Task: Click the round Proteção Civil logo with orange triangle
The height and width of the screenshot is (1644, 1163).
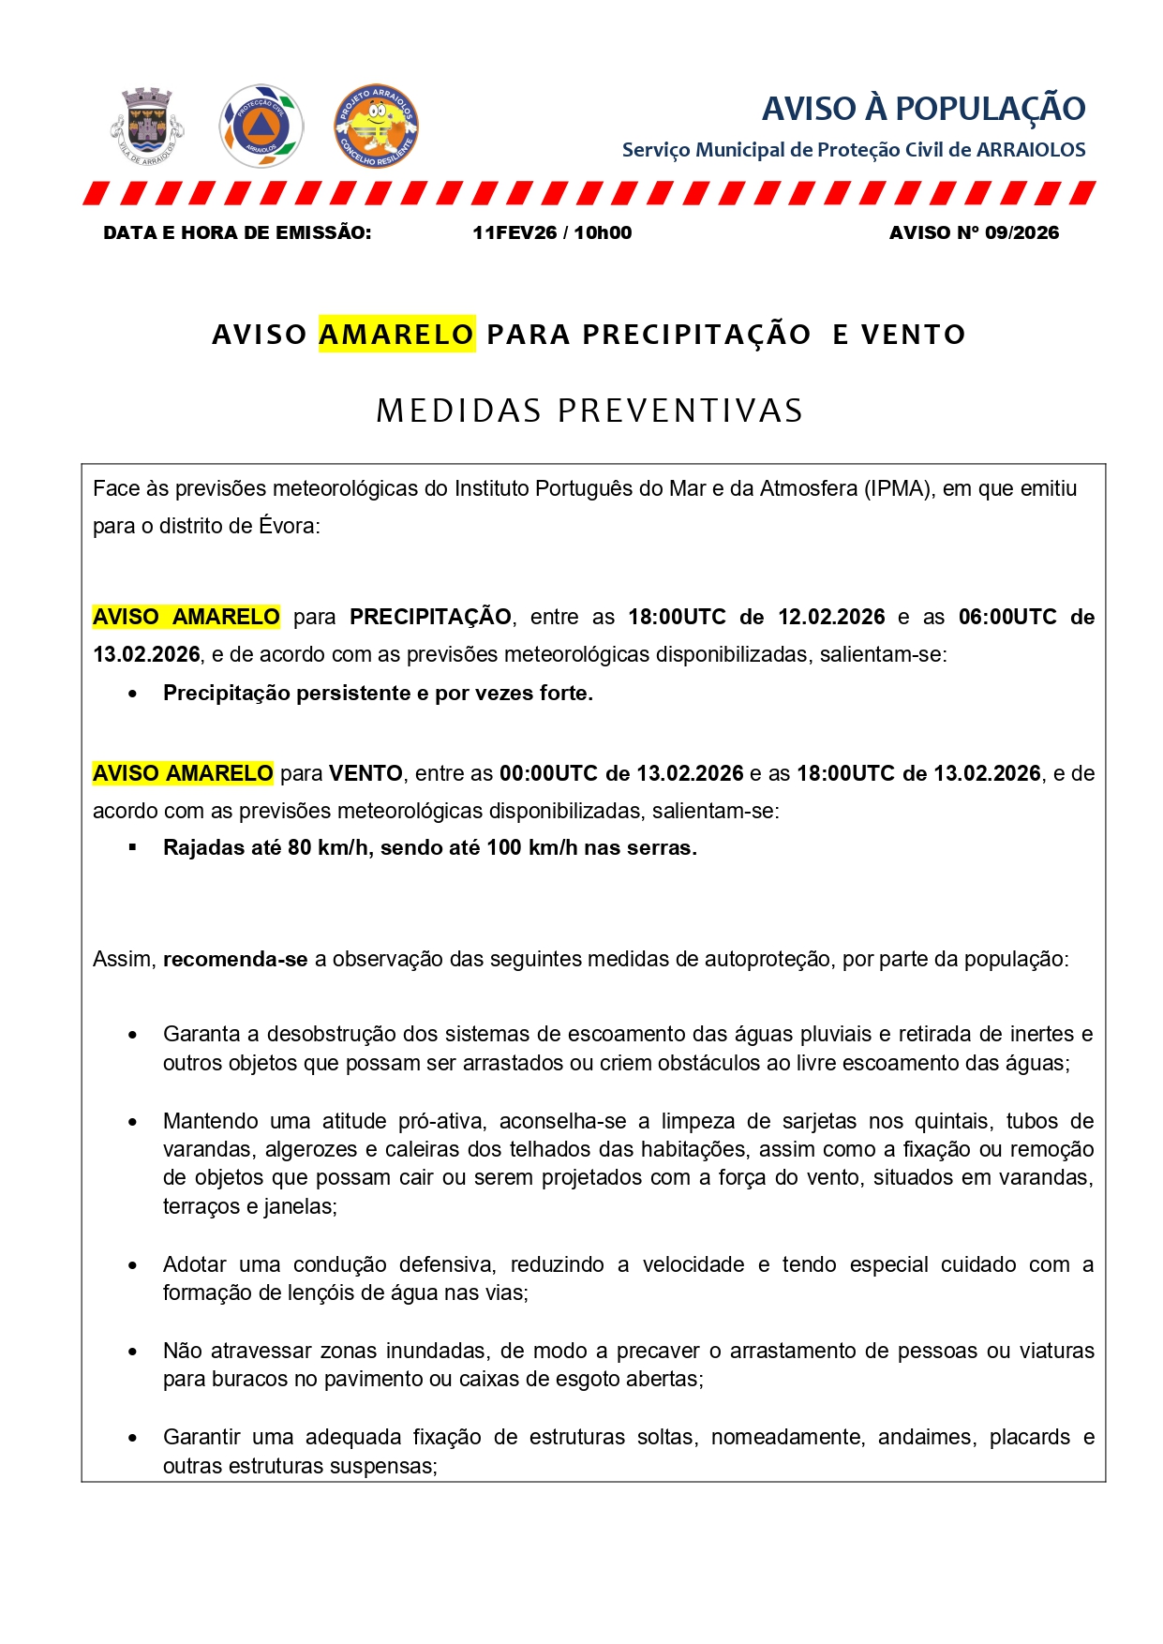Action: point(261,126)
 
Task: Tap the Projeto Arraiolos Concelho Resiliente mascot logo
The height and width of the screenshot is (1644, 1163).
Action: point(376,126)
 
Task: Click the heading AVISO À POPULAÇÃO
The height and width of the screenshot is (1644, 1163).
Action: point(923,109)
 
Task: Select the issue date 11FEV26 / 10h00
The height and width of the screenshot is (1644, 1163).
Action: point(552,232)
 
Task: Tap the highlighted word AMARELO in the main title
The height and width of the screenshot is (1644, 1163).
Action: point(396,334)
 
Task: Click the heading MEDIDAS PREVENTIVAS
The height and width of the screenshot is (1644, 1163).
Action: point(589,411)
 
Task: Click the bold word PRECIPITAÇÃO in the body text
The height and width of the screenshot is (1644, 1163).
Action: point(430,617)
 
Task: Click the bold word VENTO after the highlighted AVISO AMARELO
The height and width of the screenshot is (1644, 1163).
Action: point(365,773)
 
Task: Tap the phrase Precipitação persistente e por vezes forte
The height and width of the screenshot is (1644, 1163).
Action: point(378,693)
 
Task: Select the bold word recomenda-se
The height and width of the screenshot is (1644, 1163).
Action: point(235,959)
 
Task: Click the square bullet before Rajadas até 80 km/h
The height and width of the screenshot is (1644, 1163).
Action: point(133,847)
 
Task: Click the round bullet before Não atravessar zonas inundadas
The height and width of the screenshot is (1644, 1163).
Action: point(133,1352)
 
